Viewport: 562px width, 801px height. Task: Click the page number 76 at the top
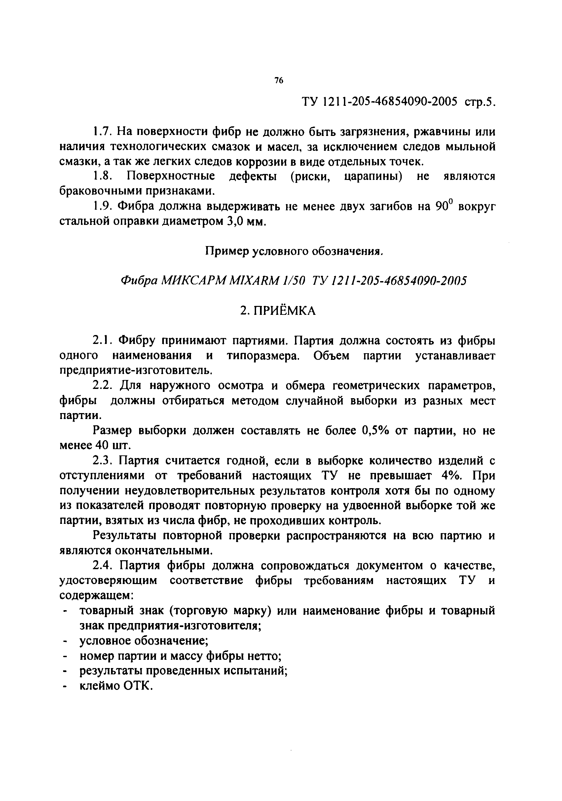[279, 81]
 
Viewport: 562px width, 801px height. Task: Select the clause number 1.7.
[102, 132]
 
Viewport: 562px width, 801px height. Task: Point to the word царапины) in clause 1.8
[373, 176]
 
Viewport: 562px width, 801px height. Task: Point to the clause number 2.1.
[102, 340]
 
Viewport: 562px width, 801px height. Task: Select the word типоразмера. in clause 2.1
[263, 356]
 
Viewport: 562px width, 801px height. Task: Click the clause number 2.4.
[102, 566]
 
